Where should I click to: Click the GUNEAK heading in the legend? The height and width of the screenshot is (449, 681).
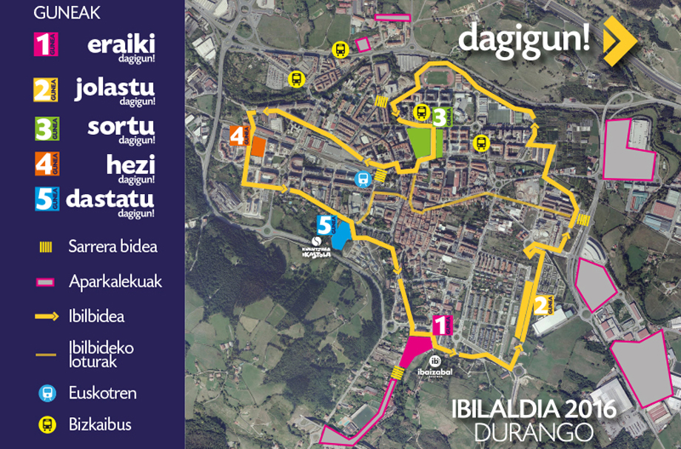67,13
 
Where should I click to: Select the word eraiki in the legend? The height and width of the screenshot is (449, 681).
121,44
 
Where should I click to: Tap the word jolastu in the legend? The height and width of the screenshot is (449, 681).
115,88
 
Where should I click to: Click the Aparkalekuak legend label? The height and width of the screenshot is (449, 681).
115,282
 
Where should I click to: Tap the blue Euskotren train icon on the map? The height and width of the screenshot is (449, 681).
362,178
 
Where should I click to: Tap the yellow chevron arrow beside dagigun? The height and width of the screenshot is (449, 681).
619,41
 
